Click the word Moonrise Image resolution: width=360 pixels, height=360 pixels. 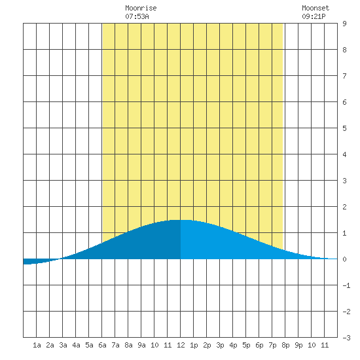[141, 8]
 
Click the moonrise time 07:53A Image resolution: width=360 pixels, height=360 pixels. [137, 16]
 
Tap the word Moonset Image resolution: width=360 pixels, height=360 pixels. [315, 8]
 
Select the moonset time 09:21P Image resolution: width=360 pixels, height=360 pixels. [314, 16]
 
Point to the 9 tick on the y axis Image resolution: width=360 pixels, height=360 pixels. [344, 24]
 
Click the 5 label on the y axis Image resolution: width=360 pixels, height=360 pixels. [344, 128]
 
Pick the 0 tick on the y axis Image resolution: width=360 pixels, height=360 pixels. [344, 259]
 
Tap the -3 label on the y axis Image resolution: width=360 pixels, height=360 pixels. [346, 338]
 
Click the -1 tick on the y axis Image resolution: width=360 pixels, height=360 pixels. [346, 285]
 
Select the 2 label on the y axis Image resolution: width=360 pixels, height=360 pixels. [344, 207]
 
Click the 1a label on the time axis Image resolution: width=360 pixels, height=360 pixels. [37, 345]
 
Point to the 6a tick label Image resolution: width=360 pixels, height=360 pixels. [102, 345]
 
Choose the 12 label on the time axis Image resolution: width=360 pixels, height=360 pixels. [181, 345]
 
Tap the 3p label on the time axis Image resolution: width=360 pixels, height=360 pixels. [220, 345]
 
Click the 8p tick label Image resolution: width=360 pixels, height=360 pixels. [285, 345]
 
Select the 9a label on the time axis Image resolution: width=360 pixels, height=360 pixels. [141, 345]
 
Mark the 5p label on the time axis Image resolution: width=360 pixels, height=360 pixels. [246, 345]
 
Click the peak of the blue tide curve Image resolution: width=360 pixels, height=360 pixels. [181, 220]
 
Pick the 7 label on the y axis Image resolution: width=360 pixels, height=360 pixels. [344, 76]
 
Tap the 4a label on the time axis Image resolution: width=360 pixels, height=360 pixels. [76, 345]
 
